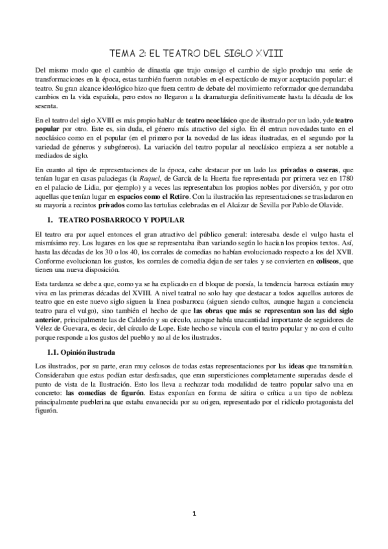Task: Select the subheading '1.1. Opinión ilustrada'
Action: pos(82,352)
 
